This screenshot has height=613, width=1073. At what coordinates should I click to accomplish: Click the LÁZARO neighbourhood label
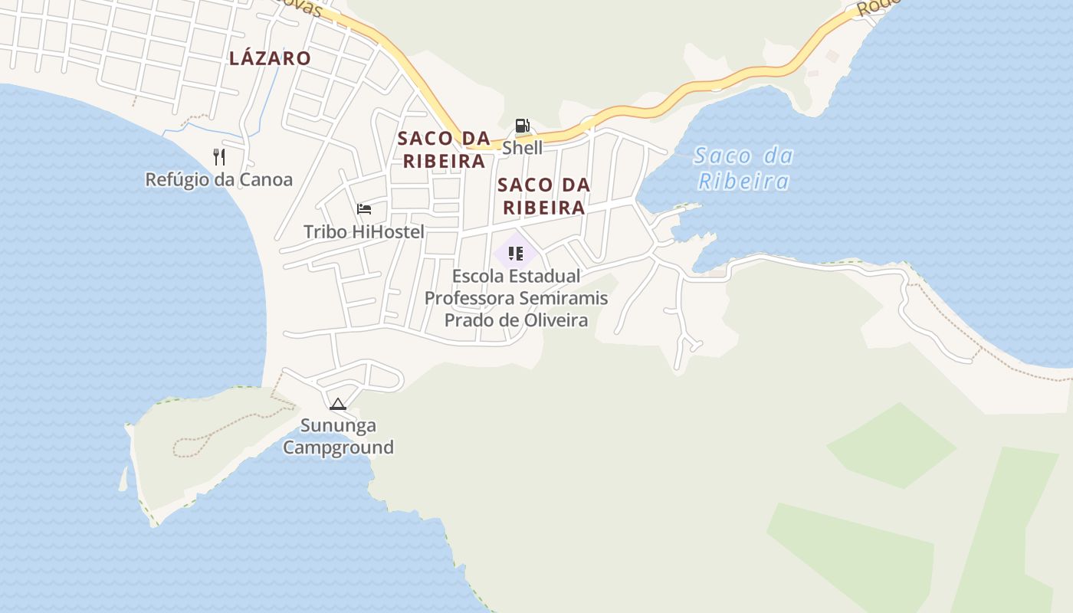pyautogui.click(x=270, y=58)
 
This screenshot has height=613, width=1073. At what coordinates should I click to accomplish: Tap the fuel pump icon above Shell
pyautogui.click(x=522, y=126)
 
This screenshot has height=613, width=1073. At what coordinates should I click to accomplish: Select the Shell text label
pyautogui.click(x=522, y=148)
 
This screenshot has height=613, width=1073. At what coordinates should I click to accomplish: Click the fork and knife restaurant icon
pyautogui.click(x=219, y=157)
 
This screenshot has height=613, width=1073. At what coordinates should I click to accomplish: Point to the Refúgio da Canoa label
pyautogui.click(x=219, y=180)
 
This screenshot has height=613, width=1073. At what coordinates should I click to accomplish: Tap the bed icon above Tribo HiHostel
pyautogui.click(x=364, y=208)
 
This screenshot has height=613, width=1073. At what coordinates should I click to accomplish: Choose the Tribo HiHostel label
pyautogui.click(x=363, y=231)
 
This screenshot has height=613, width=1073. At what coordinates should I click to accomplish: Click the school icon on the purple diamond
pyautogui.click(x=516, y=253)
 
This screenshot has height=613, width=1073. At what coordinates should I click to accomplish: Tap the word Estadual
pyautogui.click(x=547, y=276)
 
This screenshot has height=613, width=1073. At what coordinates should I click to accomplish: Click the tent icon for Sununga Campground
pyautogui.click(x=338, y=404)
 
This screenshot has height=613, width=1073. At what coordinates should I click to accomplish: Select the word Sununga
pyautogui.click(x=338, y=425)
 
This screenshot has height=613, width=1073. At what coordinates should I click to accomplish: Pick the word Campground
pyautogui.click(x=338, y=447)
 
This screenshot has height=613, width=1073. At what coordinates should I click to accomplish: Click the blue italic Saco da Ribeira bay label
pyautogui.click(x=743, y=169)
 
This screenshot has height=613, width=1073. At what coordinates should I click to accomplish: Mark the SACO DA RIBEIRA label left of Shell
pyautogui.click(x=444, y=149)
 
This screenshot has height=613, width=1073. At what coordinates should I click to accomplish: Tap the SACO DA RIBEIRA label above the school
pyautogui.click(x=543, y=196)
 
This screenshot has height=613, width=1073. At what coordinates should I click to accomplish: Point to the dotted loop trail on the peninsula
pyautogui.click(x=192, y=446)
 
